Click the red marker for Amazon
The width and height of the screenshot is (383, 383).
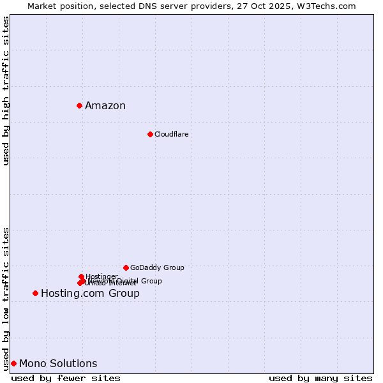point(79,105)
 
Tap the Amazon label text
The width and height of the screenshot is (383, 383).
point(105,106)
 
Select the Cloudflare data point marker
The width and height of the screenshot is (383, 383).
point(150,134)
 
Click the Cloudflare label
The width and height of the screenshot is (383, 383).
point(171,134)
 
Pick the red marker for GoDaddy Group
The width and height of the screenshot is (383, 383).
point(126,267)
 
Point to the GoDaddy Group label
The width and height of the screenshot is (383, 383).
point(157,267)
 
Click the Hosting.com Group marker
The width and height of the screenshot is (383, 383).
point(35,293)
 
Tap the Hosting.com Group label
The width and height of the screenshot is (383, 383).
point(90,294)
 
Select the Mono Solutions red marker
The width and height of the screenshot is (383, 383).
point(13,363)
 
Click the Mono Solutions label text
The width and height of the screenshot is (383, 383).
point(58,364)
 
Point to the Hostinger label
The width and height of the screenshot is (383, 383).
point(101,276)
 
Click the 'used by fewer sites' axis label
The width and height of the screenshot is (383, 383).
point(66,378)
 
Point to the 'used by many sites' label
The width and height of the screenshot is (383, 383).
point(320,378)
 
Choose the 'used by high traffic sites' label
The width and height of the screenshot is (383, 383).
point(6,91)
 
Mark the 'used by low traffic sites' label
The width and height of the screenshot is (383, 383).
point(6,299)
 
